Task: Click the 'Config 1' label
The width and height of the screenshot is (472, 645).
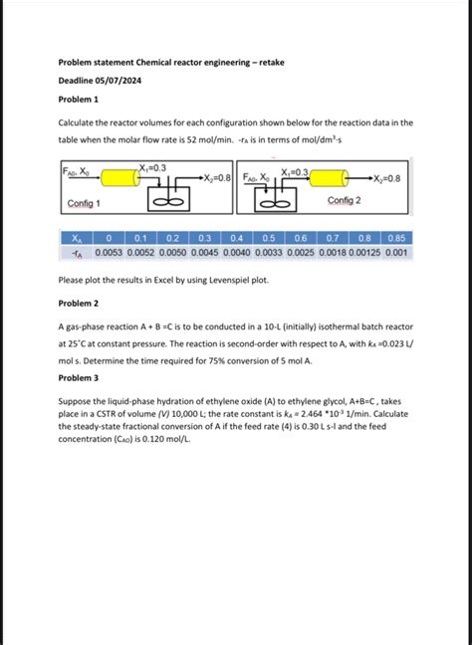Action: point(84,203)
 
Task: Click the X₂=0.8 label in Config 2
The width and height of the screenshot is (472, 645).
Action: point(385,178)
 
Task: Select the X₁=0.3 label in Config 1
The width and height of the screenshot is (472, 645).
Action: point(153,167)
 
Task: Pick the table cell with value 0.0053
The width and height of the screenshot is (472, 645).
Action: point(110,253)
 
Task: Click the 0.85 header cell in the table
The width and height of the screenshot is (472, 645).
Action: point(396,239)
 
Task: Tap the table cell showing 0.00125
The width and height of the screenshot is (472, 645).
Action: point(363,253)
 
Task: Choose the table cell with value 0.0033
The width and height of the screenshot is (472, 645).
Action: point(268,253)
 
